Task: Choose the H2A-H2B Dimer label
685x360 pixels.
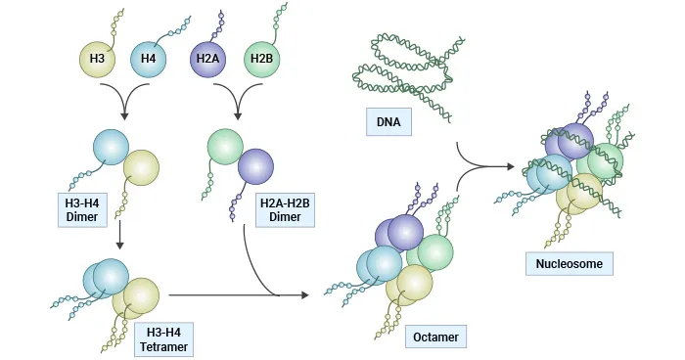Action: point(286,210)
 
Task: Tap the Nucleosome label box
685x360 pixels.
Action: point(570,263)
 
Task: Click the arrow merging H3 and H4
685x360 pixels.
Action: point(123,111)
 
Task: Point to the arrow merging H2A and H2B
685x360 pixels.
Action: point(236,111)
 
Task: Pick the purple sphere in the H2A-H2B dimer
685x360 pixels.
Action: point(257,165)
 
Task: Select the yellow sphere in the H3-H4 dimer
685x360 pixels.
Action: point(142,167)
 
